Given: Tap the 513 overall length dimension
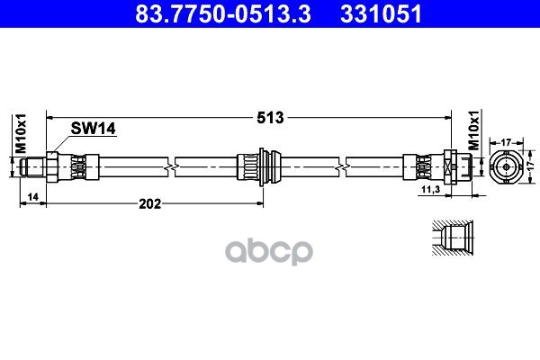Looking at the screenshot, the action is pyautogui.click(x=269, y=118).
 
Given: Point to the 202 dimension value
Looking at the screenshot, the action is pyautogui.click(x=149, y=204).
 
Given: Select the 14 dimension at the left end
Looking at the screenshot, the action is pyautogui.click(x=31, y=195).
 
